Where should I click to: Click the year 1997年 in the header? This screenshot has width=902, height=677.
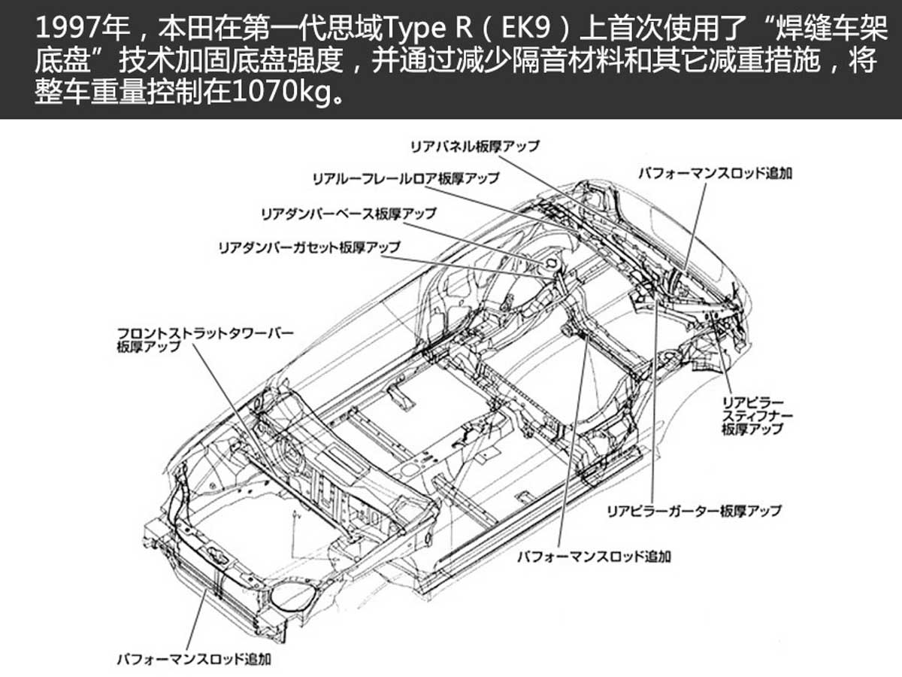83,29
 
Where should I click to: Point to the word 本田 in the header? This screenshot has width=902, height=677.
186,29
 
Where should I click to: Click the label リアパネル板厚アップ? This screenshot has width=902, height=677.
474,147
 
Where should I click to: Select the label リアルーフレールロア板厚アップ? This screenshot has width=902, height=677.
406,179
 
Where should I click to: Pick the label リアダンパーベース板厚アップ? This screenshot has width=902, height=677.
349,214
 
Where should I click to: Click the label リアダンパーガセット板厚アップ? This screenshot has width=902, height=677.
310,247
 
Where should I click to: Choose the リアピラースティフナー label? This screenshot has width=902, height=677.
758,415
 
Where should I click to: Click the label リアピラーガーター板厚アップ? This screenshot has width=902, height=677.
694,511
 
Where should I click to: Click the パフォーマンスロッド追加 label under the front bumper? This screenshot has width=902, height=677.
194,660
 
